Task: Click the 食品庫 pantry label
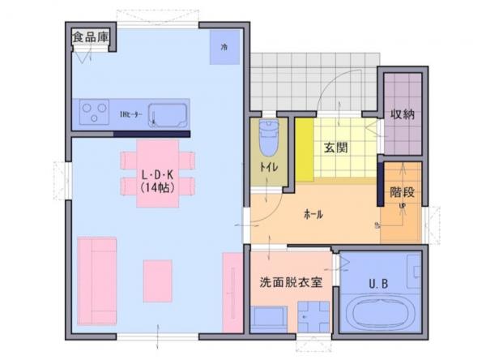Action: tap(90, 36)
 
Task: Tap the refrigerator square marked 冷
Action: tap(224, 46)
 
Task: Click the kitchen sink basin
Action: tap(168, 115)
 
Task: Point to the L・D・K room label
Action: tap(159, 174)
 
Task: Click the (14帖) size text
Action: tap(159, 187)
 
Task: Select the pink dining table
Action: tap(158, 173)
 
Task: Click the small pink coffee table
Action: tap(158, 281)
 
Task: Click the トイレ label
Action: tap(267, 167)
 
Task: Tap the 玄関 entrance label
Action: tap(336, 148)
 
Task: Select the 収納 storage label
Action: tap(403, 114)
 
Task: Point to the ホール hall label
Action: tap(313, 215)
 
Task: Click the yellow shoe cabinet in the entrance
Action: tap(304, 151)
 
